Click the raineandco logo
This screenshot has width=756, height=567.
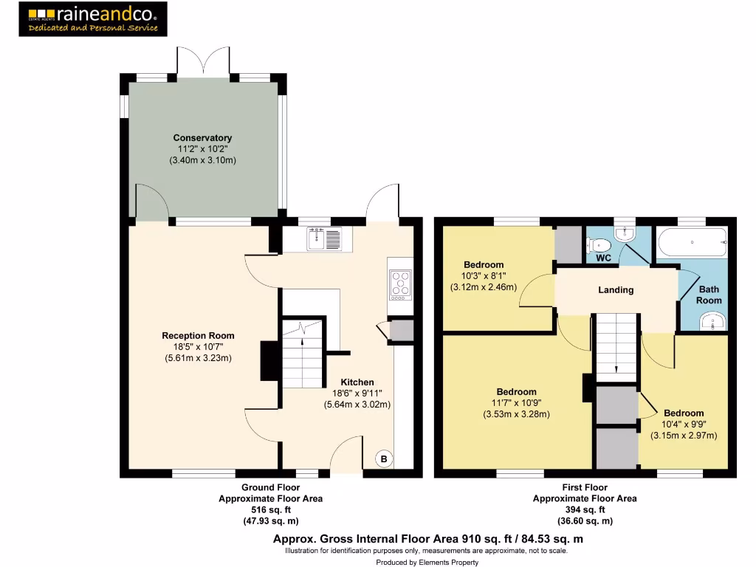tap(93, 19)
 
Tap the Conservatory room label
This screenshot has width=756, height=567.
tap(202, 138)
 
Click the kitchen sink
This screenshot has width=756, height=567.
tap(325, 238)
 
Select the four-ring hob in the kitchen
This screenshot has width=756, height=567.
tap(400, 283)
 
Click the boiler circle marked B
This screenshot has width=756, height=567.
tap(383, 459)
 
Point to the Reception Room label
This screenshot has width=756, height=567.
tap(197, 336)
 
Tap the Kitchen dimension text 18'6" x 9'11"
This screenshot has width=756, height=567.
tap(357, 394)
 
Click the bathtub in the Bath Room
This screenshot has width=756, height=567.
tap(692, 240)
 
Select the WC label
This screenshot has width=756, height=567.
tap(603, 258)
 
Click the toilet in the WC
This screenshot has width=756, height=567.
tap(599, 244)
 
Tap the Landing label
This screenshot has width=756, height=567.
tap(616, 290)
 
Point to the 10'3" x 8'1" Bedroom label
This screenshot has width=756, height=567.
tap(484, 265)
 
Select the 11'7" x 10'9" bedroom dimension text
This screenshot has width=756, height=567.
tap(516, 403)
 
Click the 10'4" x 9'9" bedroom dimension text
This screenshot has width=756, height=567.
tap(683, 425)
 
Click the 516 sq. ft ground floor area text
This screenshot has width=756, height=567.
tap(270, 510)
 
